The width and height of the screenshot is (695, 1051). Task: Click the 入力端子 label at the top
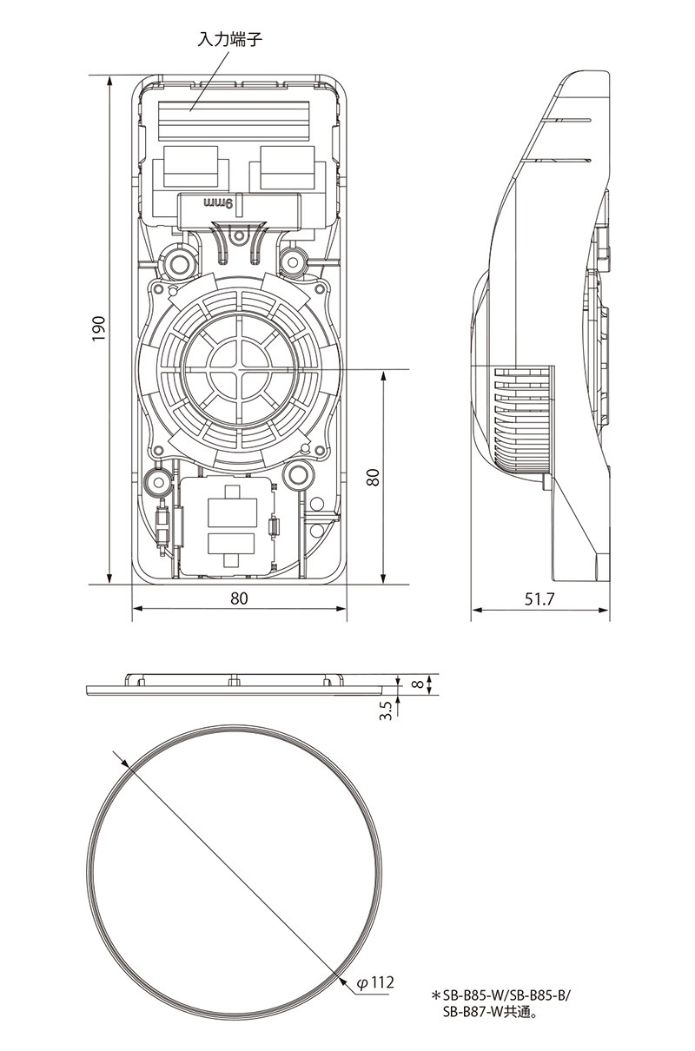[230, 39]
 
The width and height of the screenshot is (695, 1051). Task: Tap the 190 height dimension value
[98, 328]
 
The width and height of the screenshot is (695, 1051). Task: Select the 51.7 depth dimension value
[539, 599]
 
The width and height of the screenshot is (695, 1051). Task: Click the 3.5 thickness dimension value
[386, 711]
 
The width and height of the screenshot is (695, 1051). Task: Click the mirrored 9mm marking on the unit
[219, 203]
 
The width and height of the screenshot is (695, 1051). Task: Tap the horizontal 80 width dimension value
[239, 598]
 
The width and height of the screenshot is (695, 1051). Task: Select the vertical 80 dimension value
[373, 477]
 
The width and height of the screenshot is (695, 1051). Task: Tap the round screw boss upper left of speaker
[179, 264]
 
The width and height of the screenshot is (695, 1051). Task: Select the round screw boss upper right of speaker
[294, 261]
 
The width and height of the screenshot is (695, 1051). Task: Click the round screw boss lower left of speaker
[157, 481]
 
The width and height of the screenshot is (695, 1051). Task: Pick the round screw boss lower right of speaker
[297, 475]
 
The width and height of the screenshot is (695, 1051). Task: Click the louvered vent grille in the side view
[523, 420]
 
